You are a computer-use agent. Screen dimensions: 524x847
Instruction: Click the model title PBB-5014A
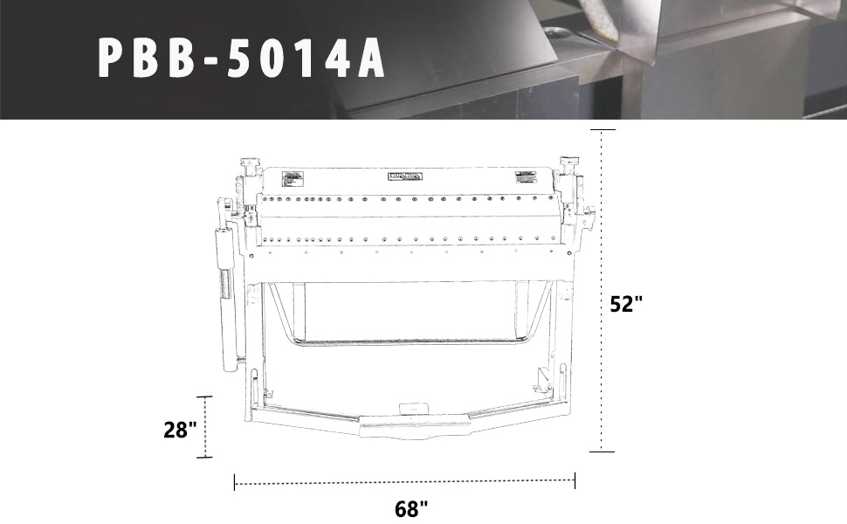coord(242,59)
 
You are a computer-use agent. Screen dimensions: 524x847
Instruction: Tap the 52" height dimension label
coord(627,305)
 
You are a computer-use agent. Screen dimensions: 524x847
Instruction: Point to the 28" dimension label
coord(180,429)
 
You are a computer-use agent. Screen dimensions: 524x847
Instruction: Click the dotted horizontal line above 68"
coord(404,482)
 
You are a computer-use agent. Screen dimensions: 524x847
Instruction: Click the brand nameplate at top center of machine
coord(405,176)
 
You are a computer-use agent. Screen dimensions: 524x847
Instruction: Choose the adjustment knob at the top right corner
coord(570,163)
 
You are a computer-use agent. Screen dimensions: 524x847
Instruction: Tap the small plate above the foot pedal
coord(411,407)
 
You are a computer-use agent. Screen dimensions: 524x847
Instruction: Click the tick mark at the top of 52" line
coord(603,129)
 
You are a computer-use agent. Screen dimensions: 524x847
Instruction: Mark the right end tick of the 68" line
coord(575,481)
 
